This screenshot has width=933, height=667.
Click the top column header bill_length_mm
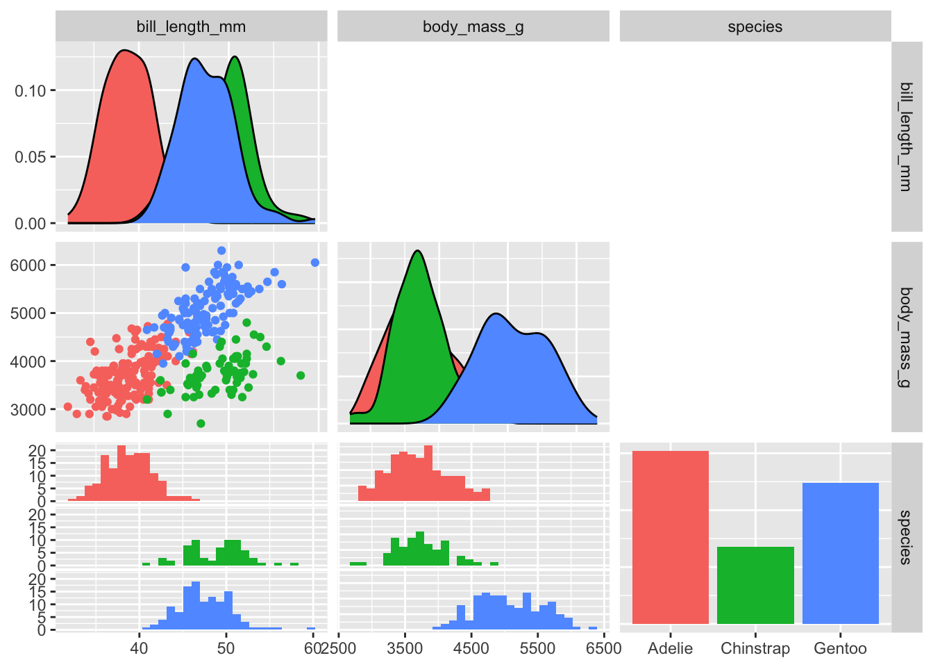pos(191,27)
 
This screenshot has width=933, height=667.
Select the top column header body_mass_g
pos(473,27)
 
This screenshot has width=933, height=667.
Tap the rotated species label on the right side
pos(905,537)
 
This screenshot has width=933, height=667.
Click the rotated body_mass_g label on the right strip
pos(905,337)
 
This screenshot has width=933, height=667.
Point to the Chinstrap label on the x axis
pos(755,649)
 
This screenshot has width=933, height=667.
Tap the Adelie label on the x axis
pos(670,649)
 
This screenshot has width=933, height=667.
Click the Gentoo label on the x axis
pos(840,649)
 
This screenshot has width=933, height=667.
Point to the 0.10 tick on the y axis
pos(30,91)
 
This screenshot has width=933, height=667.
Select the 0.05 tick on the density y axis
pos(30,157)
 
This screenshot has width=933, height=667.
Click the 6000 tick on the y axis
pos(28,265)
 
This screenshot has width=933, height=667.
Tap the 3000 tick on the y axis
pos(28,409)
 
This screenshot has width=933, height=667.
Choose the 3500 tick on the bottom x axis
pos(405,649)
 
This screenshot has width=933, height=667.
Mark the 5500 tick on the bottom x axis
pos(537,649)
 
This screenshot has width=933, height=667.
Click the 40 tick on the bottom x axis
pos(139,649)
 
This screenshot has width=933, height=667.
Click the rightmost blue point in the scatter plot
pos(315,263)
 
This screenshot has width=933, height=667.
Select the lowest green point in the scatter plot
pos(201,423)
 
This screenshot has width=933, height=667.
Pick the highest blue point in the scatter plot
pos(221,251)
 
